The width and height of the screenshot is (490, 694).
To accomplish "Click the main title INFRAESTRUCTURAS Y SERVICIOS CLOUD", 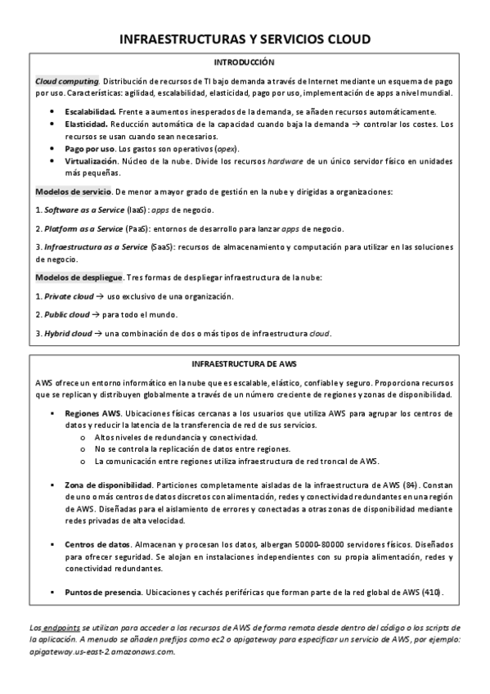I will (x=245, y=38).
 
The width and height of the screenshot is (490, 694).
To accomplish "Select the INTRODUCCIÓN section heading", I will (x=245, y=62).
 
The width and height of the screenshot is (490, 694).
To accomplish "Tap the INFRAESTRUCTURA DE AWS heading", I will (x=244, y=362).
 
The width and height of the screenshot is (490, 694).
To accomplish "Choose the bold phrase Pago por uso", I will (x=90, y=149).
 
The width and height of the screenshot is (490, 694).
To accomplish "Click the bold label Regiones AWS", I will (x=92, y=414).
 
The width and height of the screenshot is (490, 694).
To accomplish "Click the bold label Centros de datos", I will (x=97, y=544).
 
